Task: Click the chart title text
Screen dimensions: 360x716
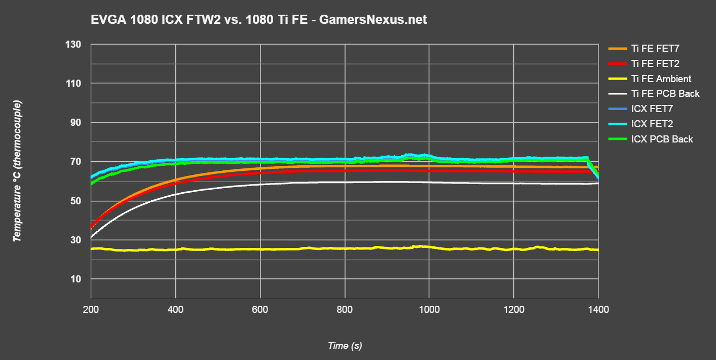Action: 258,20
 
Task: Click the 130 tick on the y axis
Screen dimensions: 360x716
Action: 73,45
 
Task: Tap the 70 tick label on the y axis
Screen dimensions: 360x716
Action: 76,162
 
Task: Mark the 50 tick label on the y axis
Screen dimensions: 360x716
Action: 76,201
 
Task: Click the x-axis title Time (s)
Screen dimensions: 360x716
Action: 345,346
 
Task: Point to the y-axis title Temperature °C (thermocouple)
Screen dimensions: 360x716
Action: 18,171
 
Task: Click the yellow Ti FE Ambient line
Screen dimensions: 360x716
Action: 304,249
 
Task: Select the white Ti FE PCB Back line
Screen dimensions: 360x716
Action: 304,184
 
